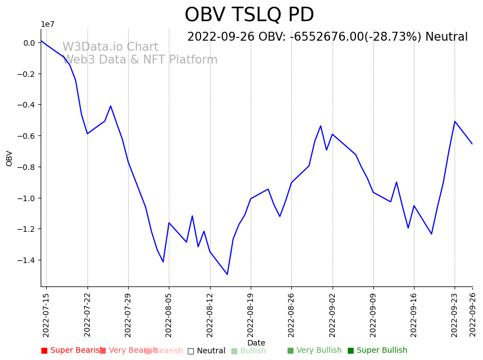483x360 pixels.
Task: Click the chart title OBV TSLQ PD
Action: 249,15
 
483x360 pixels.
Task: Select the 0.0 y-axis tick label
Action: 29,43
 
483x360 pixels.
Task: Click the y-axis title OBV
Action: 9,158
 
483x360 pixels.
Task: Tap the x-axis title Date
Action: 256,343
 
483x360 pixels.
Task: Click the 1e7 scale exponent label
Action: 47,24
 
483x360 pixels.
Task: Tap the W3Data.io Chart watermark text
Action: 110,47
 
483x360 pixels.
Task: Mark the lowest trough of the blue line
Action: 227,274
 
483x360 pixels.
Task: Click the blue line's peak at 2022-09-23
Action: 455,121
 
